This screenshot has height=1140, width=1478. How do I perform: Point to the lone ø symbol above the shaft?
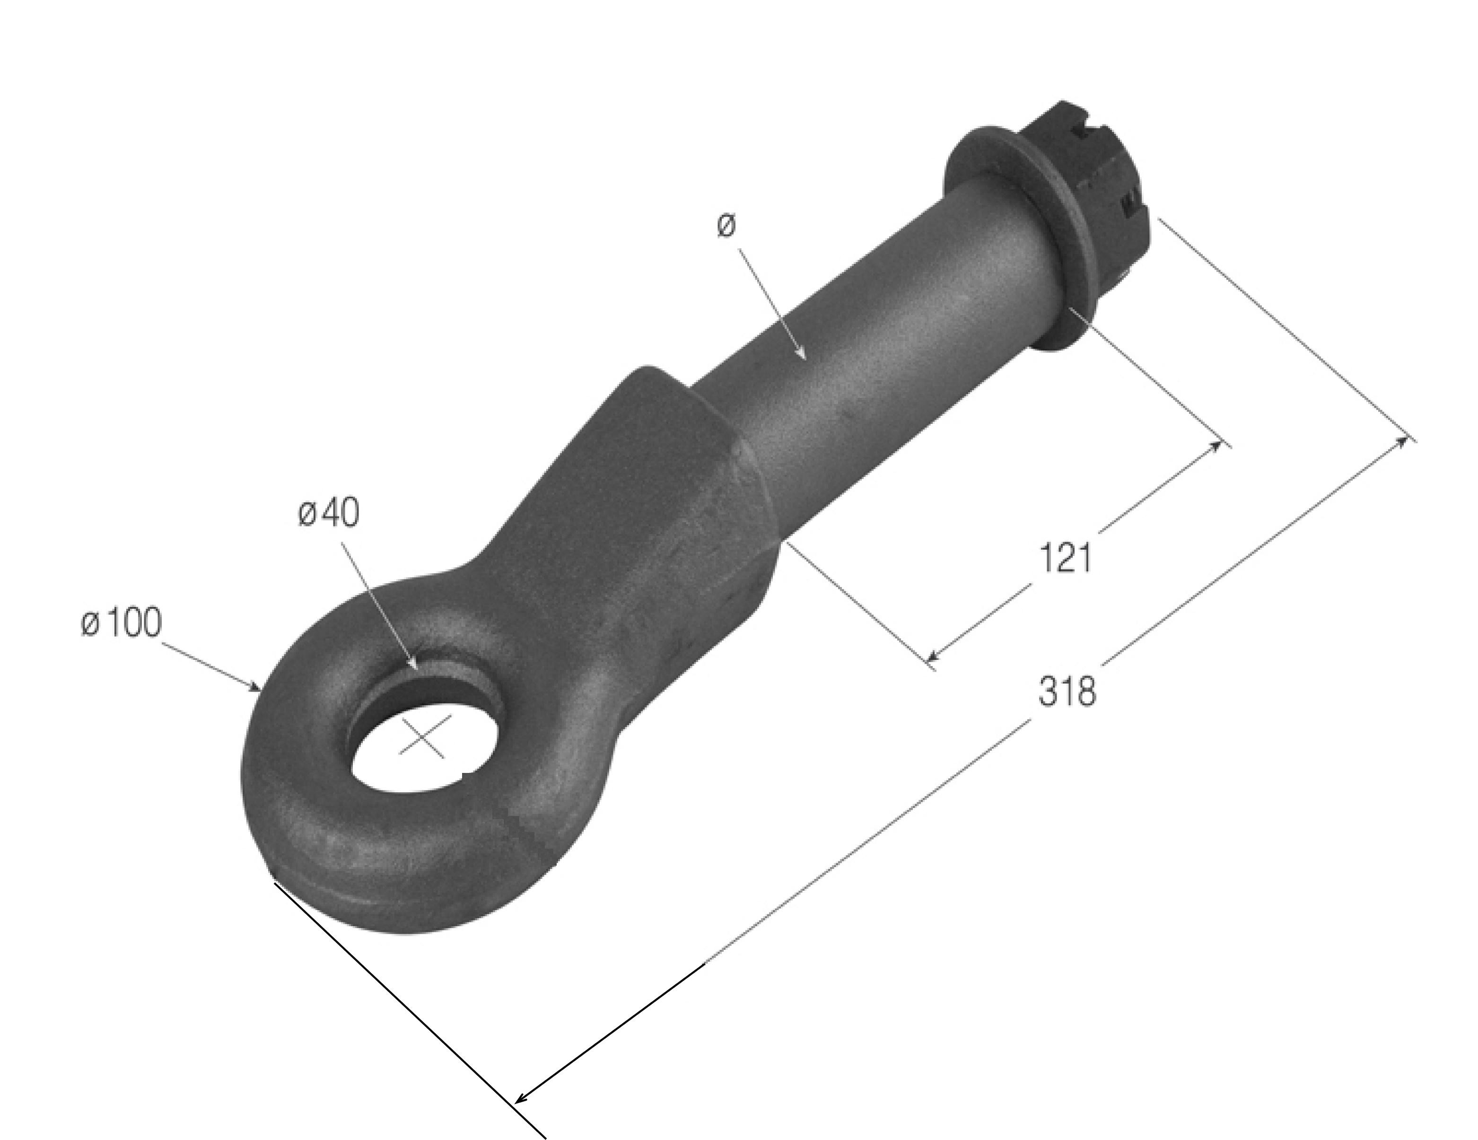tap(726, 226)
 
